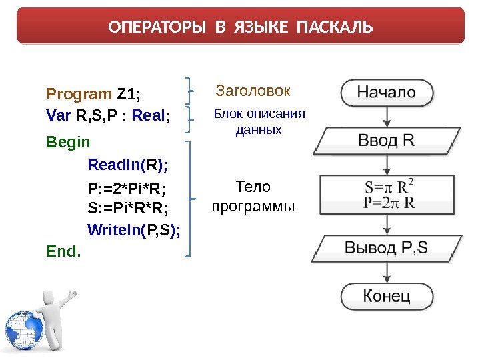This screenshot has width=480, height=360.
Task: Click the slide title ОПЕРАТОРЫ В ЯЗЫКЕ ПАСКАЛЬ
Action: click(x=240, y=28)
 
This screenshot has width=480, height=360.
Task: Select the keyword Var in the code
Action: click(x=59, y=117)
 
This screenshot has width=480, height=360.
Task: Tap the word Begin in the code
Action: click(x=68, y=142)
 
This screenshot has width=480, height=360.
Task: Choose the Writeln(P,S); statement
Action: click(x=134, y=231)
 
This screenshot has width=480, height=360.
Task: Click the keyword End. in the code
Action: click(x=63, y=251)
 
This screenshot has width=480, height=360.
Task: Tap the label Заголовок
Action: click(x=254, y=90)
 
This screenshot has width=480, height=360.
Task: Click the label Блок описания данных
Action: click(x=259, y=121)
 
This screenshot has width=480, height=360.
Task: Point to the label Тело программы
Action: click(x=253, y=197)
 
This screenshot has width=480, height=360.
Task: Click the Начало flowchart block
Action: click(x=386, y=93)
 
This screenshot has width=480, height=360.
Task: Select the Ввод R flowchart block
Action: click(x=386, y=141)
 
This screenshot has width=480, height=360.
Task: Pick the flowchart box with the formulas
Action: click(x=386, y=193)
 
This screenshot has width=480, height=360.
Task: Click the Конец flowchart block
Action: click(x=386, y=295)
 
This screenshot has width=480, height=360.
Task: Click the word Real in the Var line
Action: click(x=149, y=117)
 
